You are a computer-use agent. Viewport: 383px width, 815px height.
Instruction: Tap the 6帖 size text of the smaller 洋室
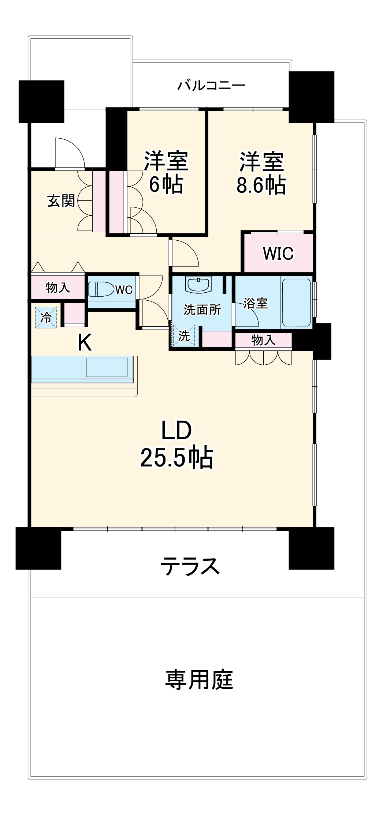click(166, 185)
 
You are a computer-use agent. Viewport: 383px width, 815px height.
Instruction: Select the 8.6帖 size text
click(261, 185)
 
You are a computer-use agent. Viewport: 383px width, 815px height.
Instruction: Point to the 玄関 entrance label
click(61, 201)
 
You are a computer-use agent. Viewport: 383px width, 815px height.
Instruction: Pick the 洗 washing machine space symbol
click(184, 335)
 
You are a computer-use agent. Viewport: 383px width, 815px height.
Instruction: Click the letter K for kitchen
click(84, 343)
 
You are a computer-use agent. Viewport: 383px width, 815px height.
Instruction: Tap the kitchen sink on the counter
click(107, 367)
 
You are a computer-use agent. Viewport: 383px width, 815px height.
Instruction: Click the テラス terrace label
click(190, 566)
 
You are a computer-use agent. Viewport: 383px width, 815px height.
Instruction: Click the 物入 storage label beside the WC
click(58, 288)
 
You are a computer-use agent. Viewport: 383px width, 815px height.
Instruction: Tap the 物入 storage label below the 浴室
click(263, 340)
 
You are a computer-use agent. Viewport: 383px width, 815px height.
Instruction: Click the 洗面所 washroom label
click(202, 310)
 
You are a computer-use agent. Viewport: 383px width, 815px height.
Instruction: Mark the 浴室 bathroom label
click(256, 303)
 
